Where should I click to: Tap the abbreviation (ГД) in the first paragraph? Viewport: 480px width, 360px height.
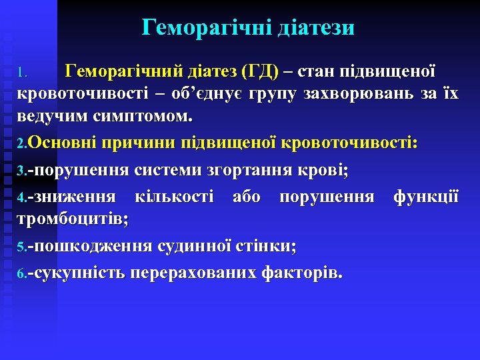coord(261,71)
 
